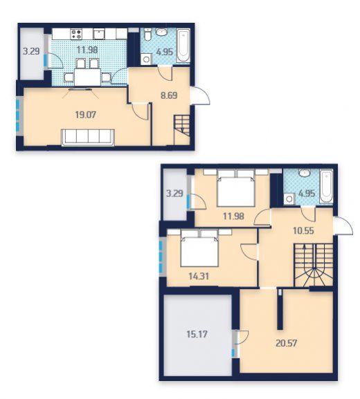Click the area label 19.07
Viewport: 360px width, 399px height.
click(x=86, y=115)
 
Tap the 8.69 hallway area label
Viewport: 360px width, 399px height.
click(x=169, y=95)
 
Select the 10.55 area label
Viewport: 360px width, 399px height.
click(x=303, y=231)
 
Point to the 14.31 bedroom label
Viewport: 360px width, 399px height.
click(x=199, y=276)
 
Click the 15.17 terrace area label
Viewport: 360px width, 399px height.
click(x=197, y=334)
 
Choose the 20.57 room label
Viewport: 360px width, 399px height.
click(x=287, y=343)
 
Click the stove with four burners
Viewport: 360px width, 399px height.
click(x=76, y=35)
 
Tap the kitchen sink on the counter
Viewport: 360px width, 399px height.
click(x=99, y=34)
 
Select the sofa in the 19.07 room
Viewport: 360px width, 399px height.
click(x=88, y=138)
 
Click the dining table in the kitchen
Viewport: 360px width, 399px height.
click(x=87, y=77)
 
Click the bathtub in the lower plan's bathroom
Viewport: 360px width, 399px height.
click(x=326, y=187)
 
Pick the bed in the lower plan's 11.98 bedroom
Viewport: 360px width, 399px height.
click(x=236, y=188)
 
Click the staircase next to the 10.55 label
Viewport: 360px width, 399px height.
click(x=314, y=265)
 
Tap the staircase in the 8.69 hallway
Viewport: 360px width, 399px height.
click(x=182, y=130)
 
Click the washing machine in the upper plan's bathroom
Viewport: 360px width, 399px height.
click(x=146, y=59)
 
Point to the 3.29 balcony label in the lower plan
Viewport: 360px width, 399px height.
click(x=174, y=194)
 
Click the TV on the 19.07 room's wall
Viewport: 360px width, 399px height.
click(x=80, y=89)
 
